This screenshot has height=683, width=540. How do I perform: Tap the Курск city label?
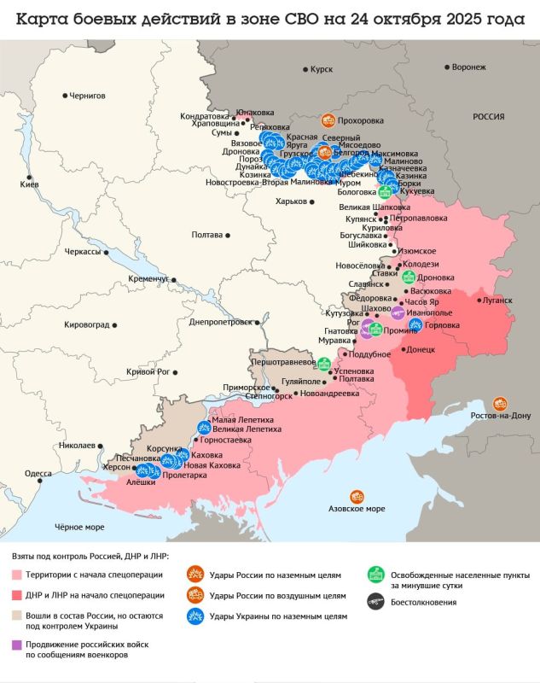(x=322, y=68)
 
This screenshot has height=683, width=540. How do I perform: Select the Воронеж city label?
(x=470, y=67)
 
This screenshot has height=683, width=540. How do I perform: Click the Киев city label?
(x=30, y=185)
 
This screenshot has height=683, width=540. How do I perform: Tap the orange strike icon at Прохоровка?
(x=328, y=121)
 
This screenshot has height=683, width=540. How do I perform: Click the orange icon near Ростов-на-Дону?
(x=501, y=402)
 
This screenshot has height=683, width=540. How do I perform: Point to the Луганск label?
(x=497, y=301)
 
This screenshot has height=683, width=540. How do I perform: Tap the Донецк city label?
(x=421, y=350)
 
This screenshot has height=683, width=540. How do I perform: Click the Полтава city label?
(x=207, y=235)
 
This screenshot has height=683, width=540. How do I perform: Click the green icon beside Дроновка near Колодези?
(x=409, y=277)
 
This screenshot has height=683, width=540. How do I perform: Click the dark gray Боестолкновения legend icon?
(x=374, y=602)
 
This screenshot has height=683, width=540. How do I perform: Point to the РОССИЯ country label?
(x=489, y=117)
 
